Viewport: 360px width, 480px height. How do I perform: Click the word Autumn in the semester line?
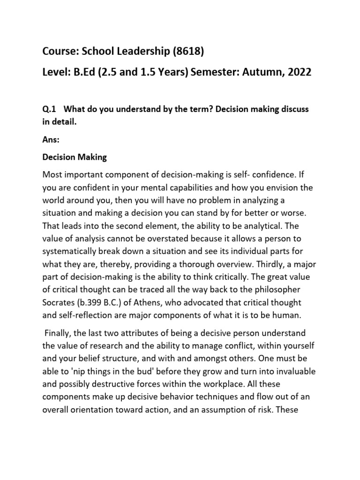tap(258, 73)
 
